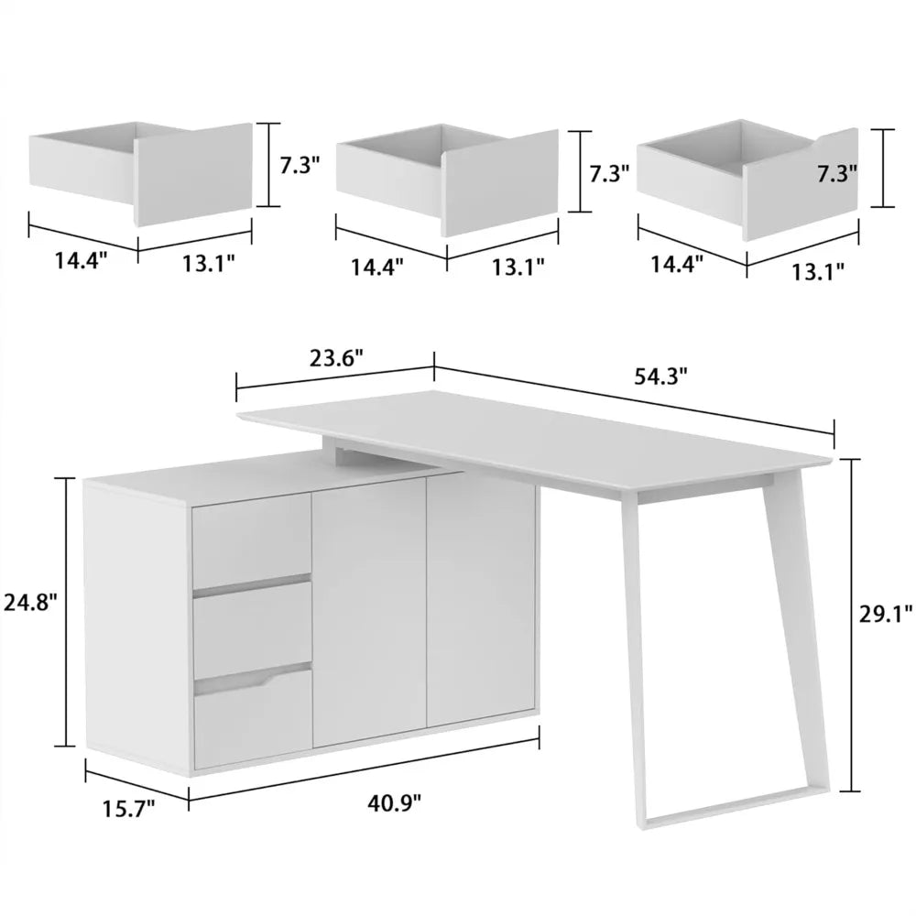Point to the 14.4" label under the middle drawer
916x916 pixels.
pyautogui.click(x=376, y=267)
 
